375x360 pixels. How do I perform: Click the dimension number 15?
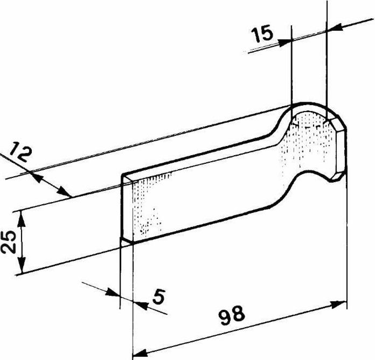click(262, 34)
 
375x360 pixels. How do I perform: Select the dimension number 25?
click(8, 242)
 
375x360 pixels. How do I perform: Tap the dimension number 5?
click(159, 296)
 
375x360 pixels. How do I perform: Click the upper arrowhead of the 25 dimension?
click(22, 219)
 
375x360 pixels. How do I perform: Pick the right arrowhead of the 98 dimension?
click(339, 304)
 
